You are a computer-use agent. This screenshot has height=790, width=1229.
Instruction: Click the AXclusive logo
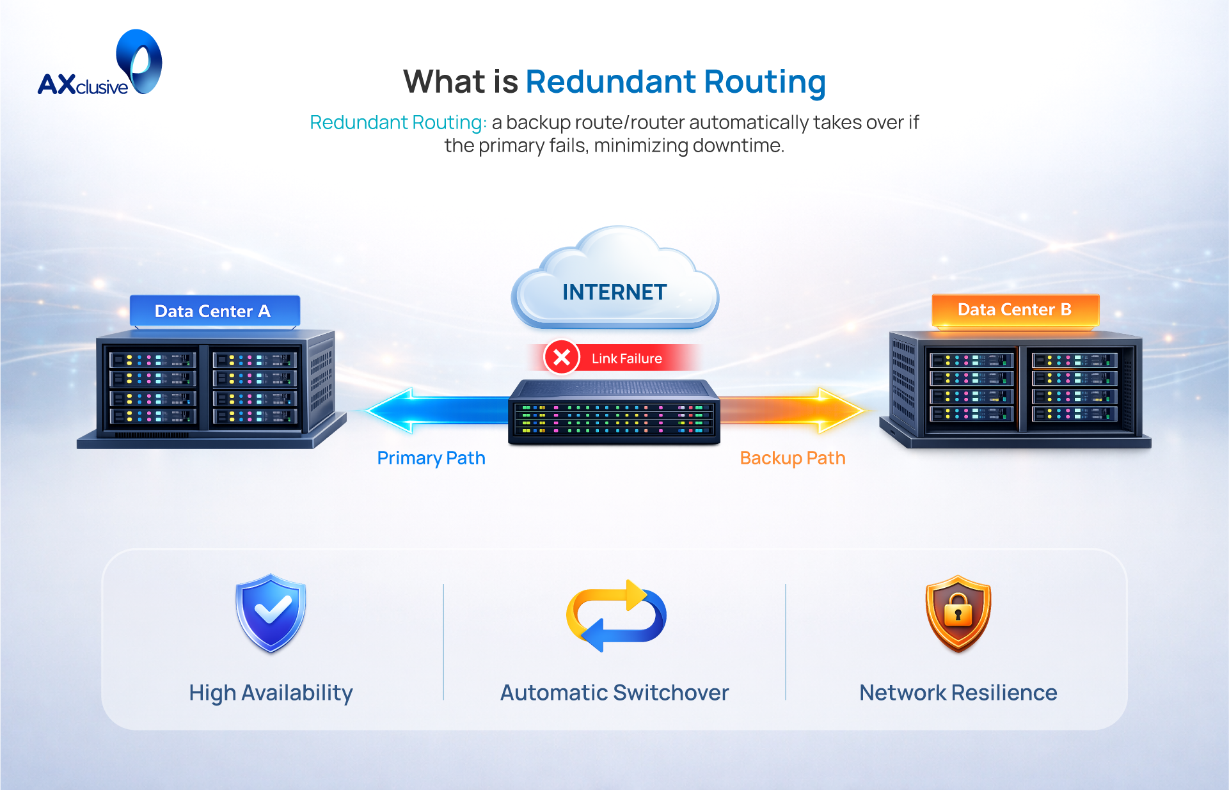click(x=100, y=65)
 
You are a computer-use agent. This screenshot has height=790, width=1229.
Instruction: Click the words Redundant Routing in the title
click(x=676, y=82)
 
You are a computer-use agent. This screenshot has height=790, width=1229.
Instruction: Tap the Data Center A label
click(x=213, y=312)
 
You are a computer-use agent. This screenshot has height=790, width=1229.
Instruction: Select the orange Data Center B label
click(x=1015, y=310)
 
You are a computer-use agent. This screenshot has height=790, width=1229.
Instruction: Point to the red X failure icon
click(x=562, y=357)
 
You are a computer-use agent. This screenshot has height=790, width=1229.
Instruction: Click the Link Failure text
click(x=626, y=359)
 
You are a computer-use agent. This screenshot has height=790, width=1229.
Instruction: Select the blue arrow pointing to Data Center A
click(x=435, y=409)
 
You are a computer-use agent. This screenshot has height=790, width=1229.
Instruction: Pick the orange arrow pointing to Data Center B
click(x=793, y=409)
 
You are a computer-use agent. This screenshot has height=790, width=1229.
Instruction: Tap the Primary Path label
click(x=431, y=458)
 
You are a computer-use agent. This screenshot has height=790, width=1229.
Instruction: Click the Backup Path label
click(x=793, y=458)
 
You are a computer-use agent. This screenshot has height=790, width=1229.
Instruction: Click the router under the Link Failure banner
click(x=614, y=412)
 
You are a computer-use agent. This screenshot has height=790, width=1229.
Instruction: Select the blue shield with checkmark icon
click(x=271, y=612)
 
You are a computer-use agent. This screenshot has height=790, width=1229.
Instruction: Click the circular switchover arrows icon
click(x=615, y=615)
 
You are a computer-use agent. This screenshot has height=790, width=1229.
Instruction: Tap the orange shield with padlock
click(x=958, y=613)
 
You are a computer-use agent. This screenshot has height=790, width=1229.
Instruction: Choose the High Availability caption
click(x=271, y=693)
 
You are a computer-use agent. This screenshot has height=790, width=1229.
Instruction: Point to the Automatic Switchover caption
click(x=614, y=693)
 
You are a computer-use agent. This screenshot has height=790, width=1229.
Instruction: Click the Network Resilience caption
click(x=958, y=693)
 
